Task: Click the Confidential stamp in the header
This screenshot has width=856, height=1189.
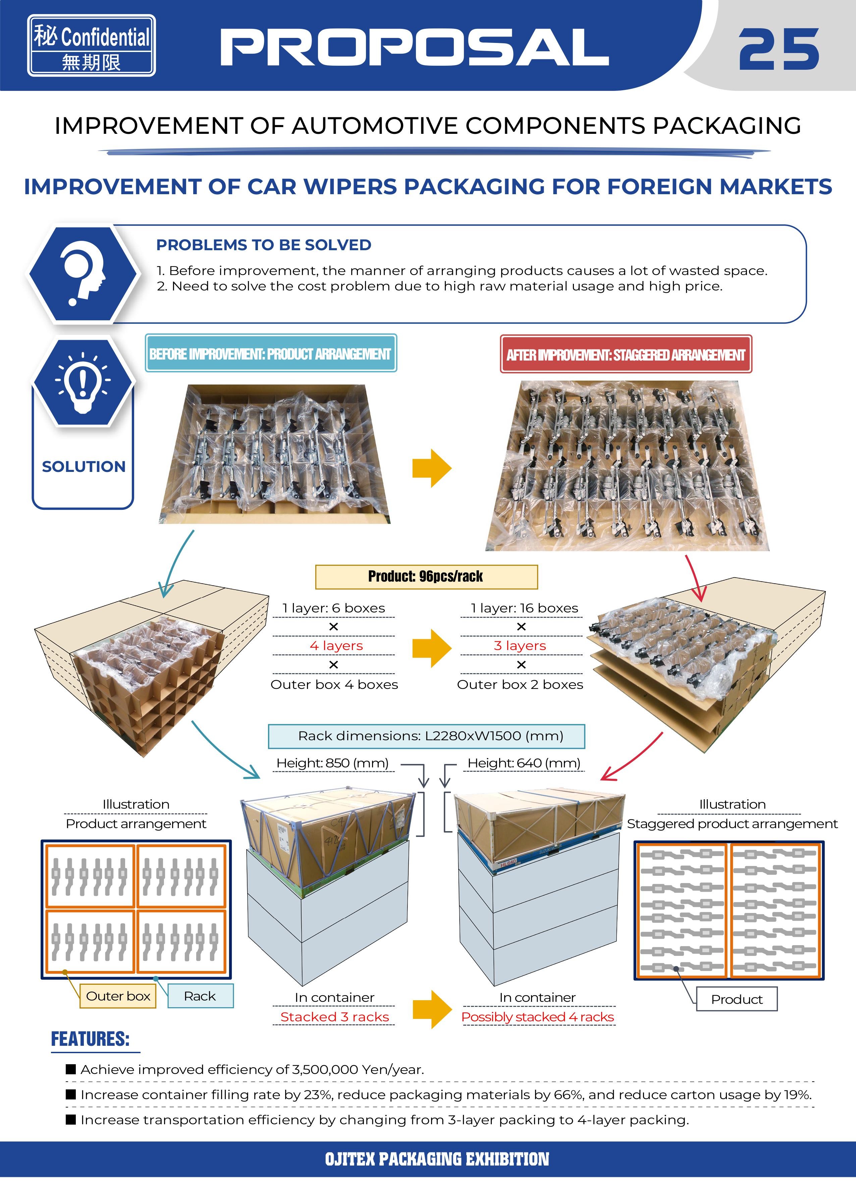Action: coord(92,46)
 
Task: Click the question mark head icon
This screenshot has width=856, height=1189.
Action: coord(83,274)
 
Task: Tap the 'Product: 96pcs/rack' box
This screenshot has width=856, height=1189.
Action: coord(426,577)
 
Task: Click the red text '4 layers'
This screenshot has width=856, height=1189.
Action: coord(336,645)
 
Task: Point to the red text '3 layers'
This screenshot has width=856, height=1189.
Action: coord(520,645)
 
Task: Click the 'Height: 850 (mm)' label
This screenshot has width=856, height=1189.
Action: coord(332,763)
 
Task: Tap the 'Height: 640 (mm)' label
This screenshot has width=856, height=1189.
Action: coord(524,763)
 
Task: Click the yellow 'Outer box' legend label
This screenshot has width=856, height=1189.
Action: coord(118,996)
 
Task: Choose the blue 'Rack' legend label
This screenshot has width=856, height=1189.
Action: coord(200,996)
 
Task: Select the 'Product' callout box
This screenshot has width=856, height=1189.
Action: coord(737,999)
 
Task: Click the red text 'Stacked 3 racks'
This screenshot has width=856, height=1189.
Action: coord(334,1017)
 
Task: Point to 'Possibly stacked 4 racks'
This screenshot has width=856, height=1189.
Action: coord(537,1017)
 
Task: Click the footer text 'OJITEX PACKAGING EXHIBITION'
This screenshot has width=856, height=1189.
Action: coord(437,1158)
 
